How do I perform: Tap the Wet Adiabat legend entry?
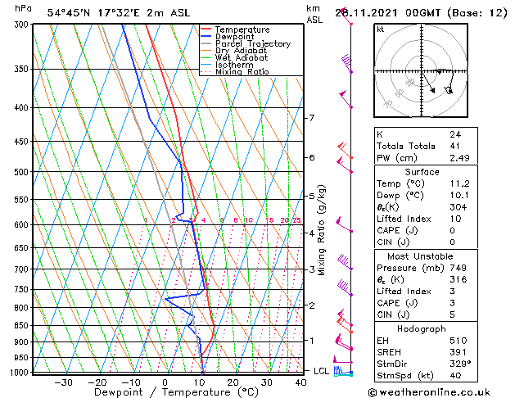240,58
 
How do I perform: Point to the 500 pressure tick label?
21,172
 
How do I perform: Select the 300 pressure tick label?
21,25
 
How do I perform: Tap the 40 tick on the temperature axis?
301,382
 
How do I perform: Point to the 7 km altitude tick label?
311,118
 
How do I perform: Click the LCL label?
322,371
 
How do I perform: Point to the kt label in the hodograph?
380,29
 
